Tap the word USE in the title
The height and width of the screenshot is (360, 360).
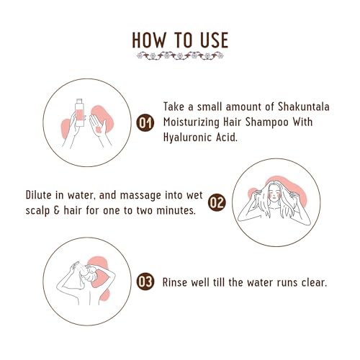tap(210, 38)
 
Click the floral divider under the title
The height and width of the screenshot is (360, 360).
tap(180, 55)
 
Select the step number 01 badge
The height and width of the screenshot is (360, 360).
tap(145, 124)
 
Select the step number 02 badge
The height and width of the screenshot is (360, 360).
tap(217, 202)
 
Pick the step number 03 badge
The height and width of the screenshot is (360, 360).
tap(145, 282)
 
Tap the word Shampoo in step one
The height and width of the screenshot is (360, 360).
tap(279, 123)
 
